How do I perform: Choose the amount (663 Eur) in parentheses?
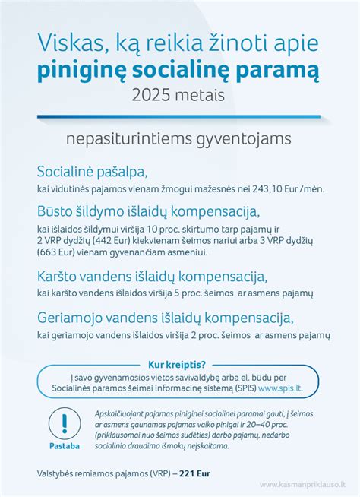click(56, 250)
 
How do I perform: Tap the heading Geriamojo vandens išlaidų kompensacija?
click(165, 316)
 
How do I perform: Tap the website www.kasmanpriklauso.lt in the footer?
click(303, 483)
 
